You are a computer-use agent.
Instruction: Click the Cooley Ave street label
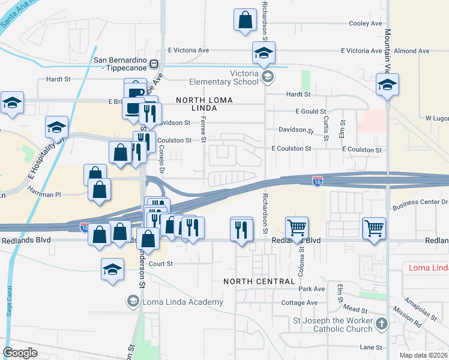366,23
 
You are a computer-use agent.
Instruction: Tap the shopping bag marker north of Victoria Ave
245,20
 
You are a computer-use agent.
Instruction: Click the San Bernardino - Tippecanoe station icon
154,64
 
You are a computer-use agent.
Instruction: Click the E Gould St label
310,112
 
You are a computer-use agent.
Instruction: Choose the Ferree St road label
204,130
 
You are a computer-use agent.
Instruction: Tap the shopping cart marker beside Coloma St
296,228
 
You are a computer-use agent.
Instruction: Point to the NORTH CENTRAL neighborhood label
259,281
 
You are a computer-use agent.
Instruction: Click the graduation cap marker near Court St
112,270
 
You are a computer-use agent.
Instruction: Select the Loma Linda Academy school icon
133,301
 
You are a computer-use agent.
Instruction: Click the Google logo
20,353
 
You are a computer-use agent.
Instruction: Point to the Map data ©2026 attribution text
424,355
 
